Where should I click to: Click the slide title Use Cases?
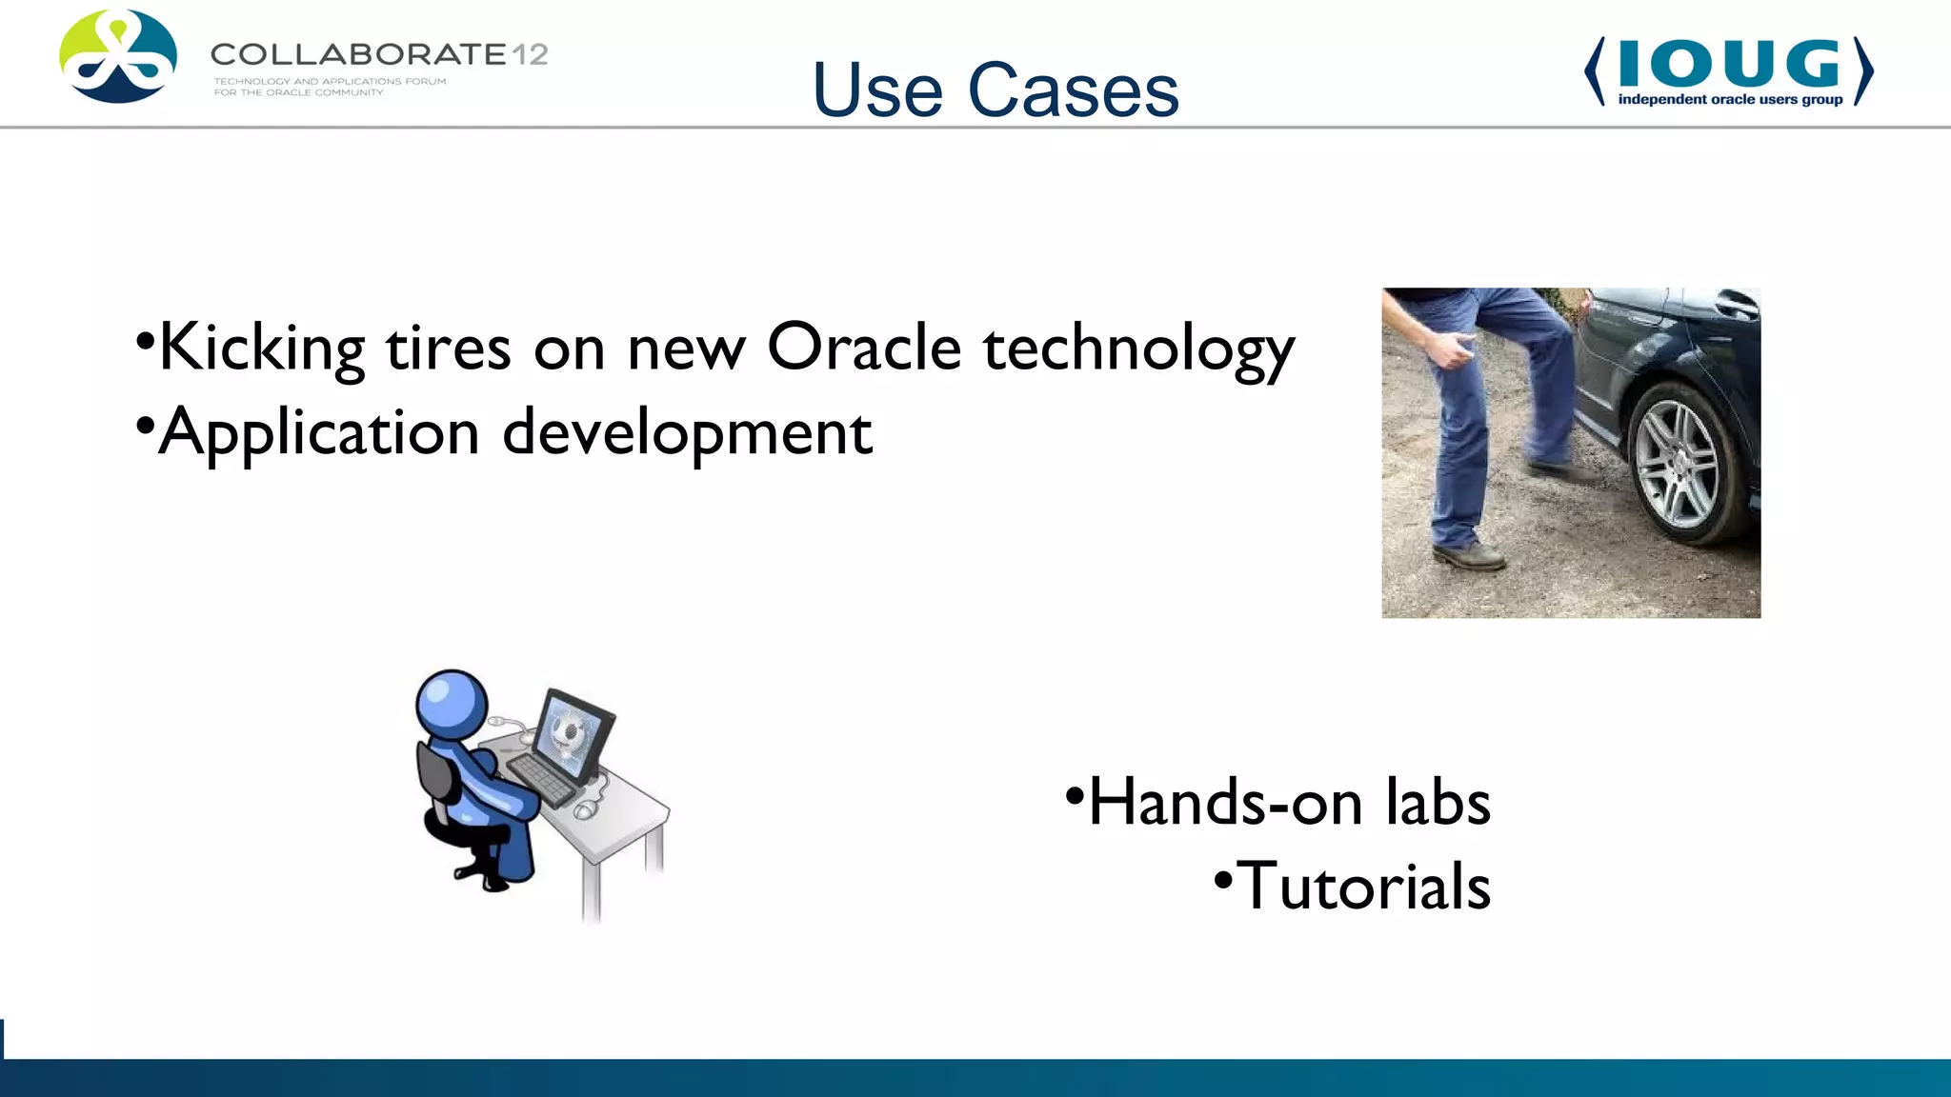996,90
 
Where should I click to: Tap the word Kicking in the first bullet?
262,349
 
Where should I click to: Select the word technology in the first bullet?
1138,349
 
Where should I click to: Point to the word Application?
318,434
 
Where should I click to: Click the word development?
687,434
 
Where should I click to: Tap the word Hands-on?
1224,802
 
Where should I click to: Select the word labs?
1438,802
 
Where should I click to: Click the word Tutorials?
1363,887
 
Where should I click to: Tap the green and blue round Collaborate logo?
117,56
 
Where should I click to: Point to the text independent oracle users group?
1729,99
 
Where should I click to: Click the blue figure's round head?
452,704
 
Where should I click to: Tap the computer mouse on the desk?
584,810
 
